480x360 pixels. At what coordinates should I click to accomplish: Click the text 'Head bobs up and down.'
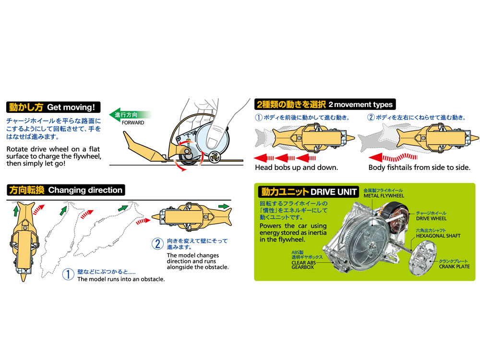tap(297, 168)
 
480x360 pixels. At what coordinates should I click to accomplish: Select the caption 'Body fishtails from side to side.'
tap(419, 168)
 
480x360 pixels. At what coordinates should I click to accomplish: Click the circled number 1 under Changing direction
tap(69, 275)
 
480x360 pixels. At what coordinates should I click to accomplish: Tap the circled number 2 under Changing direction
tap(157, 244)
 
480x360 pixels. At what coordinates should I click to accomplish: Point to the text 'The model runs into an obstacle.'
tap(121, 279)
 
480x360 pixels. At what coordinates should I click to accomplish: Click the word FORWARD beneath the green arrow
tap(132, 123)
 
